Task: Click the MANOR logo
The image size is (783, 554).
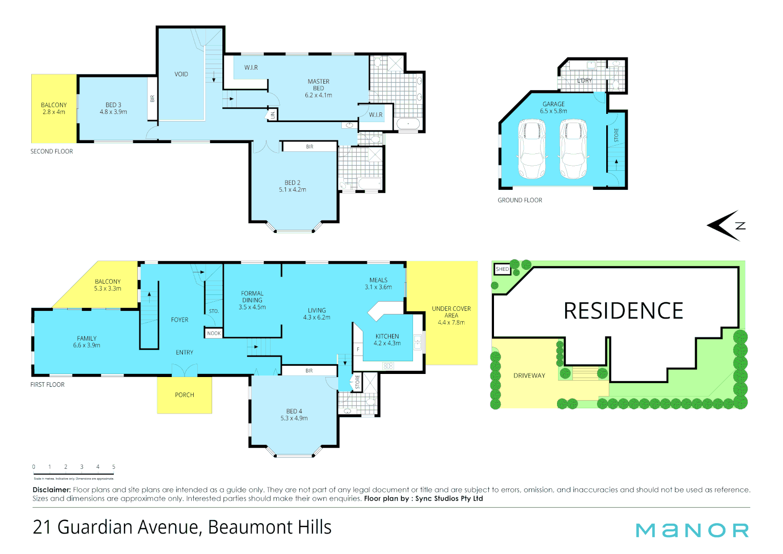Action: click(692, 530)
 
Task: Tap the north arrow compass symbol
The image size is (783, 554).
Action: click(725, 225)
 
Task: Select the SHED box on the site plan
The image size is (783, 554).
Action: click(502, 269)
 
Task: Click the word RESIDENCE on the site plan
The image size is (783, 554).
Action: click(623, 311)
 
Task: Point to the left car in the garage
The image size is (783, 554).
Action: click(532, 149)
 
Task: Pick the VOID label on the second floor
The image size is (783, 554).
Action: click(181, 74)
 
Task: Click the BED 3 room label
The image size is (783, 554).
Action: click(113, 105)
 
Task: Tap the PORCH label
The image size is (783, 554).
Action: click(184, 395)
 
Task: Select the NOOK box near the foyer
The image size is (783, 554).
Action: click(214, 333)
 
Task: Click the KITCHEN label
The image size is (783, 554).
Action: click(387, 337)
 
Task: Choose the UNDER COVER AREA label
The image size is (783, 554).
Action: click(451, 312)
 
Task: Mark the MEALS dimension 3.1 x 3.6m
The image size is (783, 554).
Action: click(378, 287)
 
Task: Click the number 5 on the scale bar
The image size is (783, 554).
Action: click(114, 467)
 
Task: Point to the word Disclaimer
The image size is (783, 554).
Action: click(51, 490)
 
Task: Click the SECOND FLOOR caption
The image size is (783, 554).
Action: click(52, 151)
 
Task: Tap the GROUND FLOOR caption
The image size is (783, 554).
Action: click(520, 201)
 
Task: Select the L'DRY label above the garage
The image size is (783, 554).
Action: click(584, 81)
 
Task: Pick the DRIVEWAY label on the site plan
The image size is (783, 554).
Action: click(529, 376)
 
